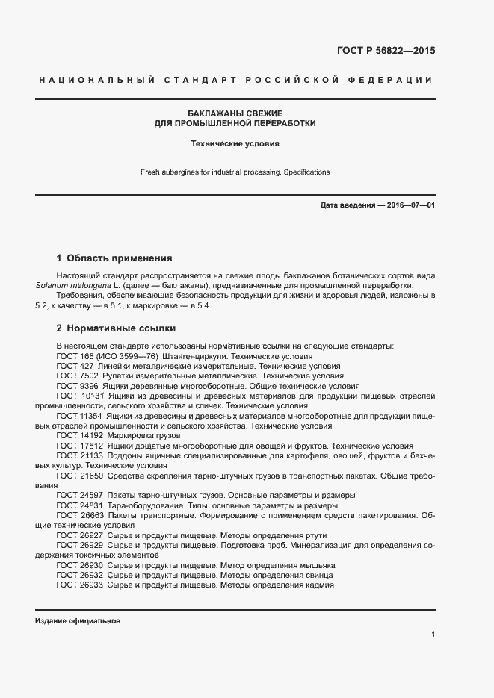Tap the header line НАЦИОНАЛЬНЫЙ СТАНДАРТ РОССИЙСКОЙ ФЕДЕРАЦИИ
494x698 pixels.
pyautogui.click(x=235, y=80)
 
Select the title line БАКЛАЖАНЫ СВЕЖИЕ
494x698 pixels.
pyautogui.click(x=235, y=113)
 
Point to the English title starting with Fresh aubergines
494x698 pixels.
pyautogui.click(x=235, y=172)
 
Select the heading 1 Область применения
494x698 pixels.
pyautogui.click(x=114, y=258)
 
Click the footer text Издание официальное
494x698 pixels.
pyautogui.click(x=78, y=621)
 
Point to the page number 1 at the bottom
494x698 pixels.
pyautogui.click(x=433, y=634)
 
